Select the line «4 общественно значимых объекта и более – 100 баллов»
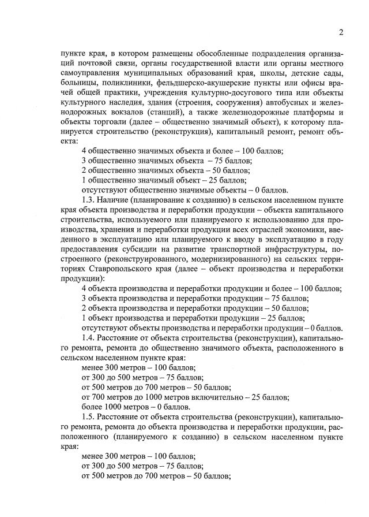pyautogui.click(x=182, y=151)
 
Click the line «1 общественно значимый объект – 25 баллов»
pyautogui.click(x=164, y=180)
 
